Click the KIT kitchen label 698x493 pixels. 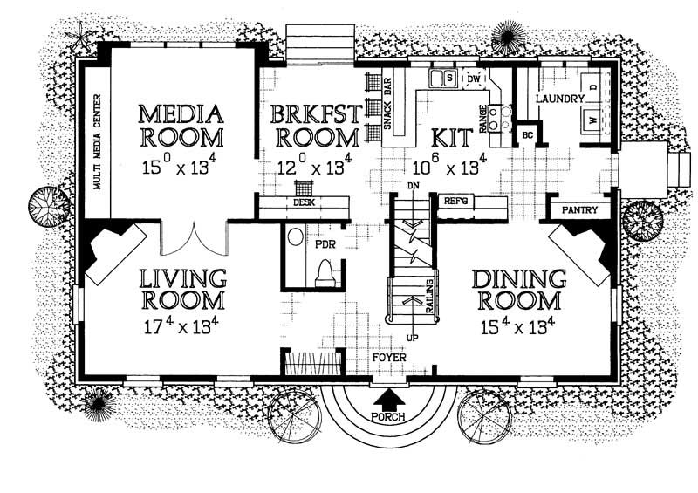tap(451, 137)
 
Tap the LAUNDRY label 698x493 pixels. tap(558, 99)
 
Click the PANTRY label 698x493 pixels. tap(579, 210)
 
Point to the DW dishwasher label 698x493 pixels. tap(474, 79)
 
